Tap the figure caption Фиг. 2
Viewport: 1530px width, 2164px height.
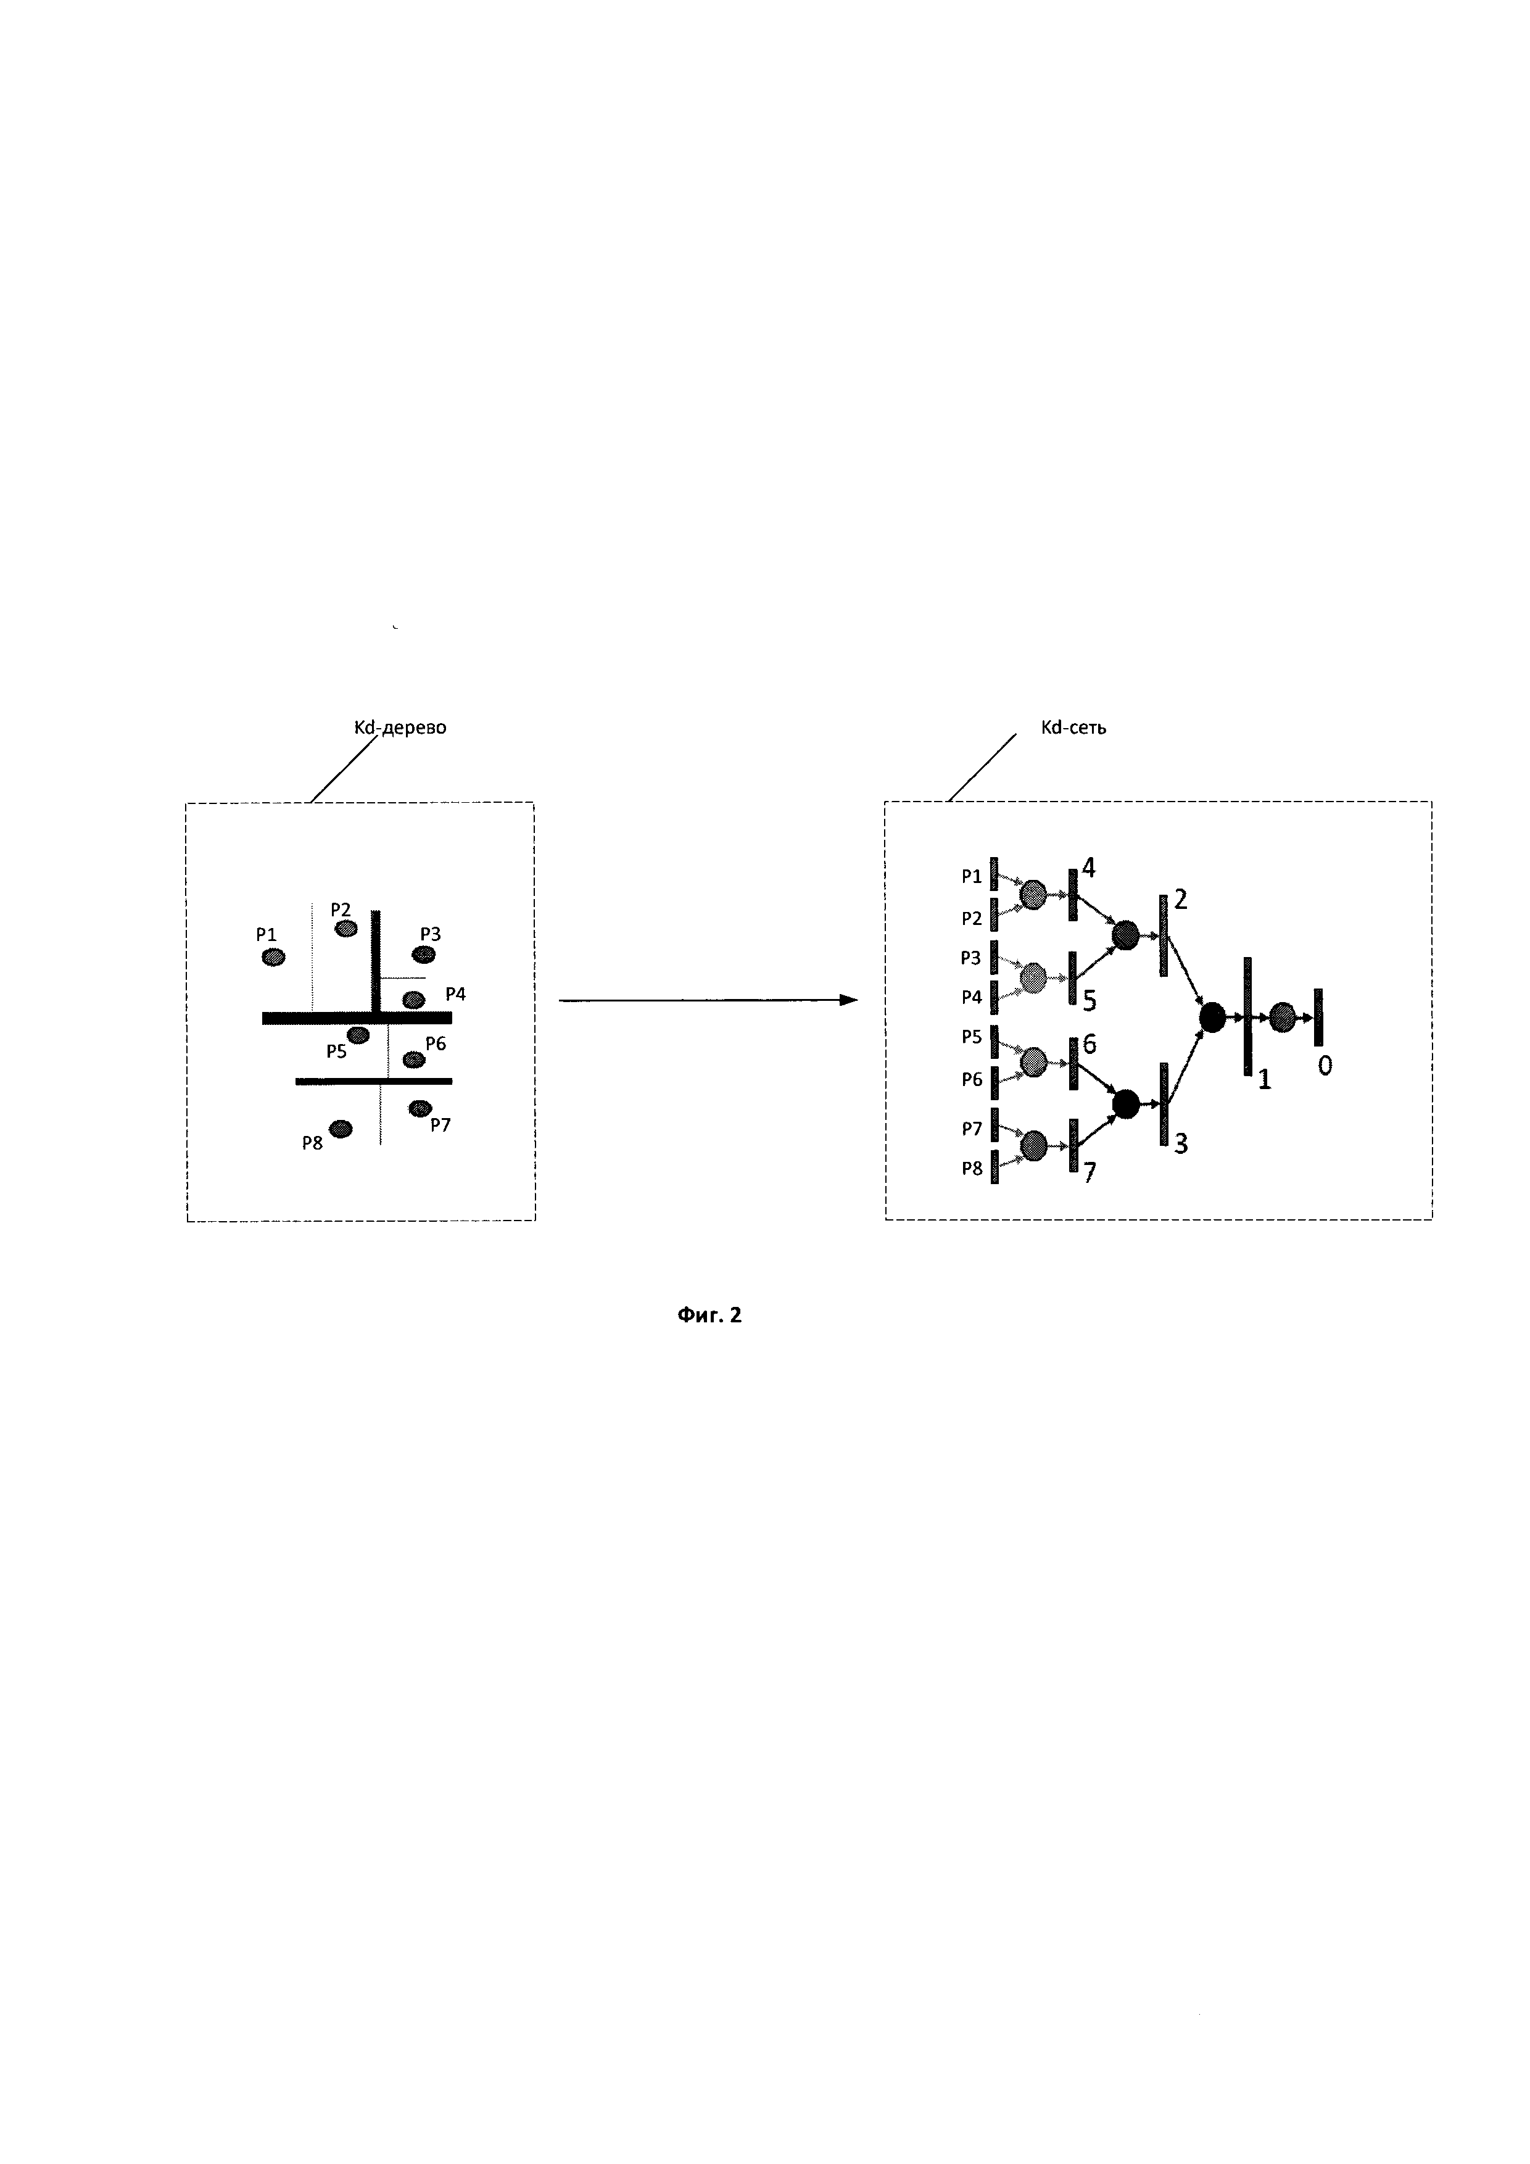[x=709, y=1315]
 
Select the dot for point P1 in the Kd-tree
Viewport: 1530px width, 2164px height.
[x=273, y=958]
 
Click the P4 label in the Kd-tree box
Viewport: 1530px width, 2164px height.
[x=455, y=993]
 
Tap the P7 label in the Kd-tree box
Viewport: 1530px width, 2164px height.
[x=440, y=1124]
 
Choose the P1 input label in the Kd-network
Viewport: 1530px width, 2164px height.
[x=971, y=877]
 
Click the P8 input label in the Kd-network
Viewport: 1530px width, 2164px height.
[x=971, y=1169]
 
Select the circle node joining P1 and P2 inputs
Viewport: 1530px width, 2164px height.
[x=1033, y=895]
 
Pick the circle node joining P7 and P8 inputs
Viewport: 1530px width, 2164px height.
[x=1033, y=1145]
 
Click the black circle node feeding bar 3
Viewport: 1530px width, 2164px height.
[x=1126, y=1103]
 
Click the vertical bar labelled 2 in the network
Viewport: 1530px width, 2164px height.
[x=1164, y=935]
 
